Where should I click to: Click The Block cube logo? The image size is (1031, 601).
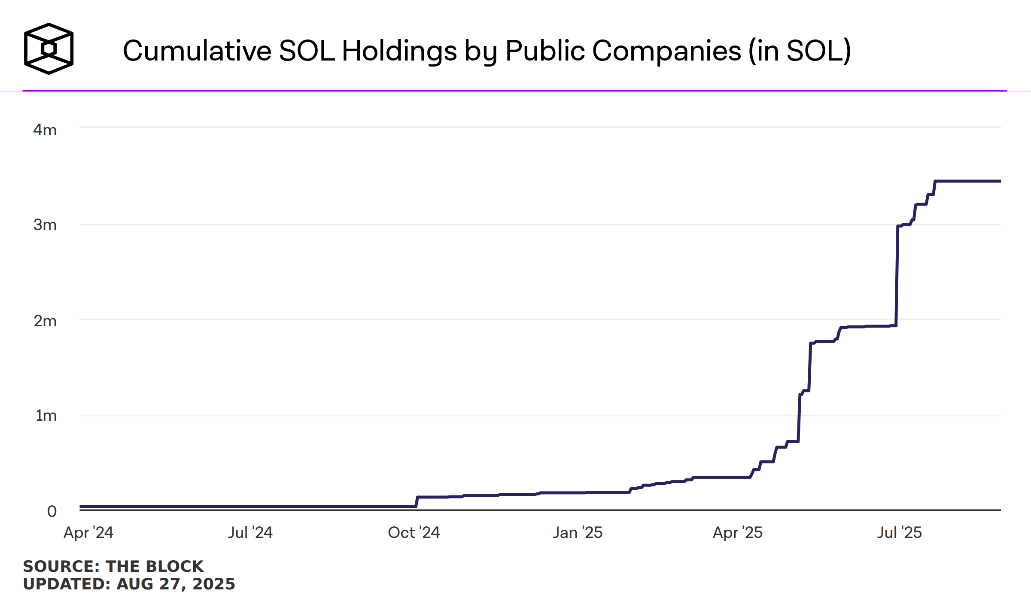click(49, 49)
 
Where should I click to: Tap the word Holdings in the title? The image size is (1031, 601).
click(399, 51)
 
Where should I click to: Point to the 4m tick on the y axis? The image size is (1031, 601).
click(45, 130)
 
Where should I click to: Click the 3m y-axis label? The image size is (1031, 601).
click(45, 225)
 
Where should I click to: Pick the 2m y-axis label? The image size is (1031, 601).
click(45, 321)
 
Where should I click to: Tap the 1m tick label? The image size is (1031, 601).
click(46, 415)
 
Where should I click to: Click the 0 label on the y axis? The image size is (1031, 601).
click(52, 511)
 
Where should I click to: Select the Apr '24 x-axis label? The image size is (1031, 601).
click(88, 532)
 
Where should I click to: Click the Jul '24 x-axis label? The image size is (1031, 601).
click(250, 532)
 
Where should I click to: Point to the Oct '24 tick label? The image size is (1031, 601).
click(414, 532)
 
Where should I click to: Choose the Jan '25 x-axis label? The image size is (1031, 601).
click(577, 532)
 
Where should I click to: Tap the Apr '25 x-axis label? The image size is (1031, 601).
click(737, 532)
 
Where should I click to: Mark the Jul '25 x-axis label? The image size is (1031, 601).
click(899, 532)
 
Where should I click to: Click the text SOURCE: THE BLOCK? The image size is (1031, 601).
click(113, 566)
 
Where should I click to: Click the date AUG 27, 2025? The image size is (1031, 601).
click(176, 584)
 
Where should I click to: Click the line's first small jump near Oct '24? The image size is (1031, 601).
click(417, 502)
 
